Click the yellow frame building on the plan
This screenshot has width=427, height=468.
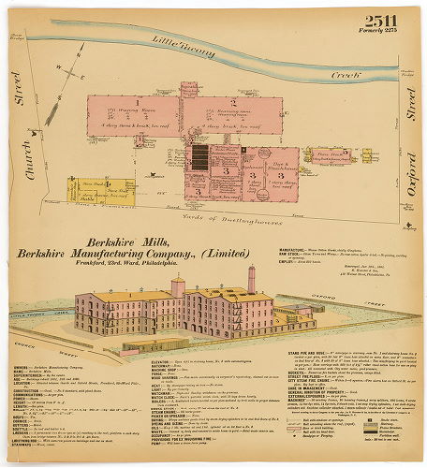98,188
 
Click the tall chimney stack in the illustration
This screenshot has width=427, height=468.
251,278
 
